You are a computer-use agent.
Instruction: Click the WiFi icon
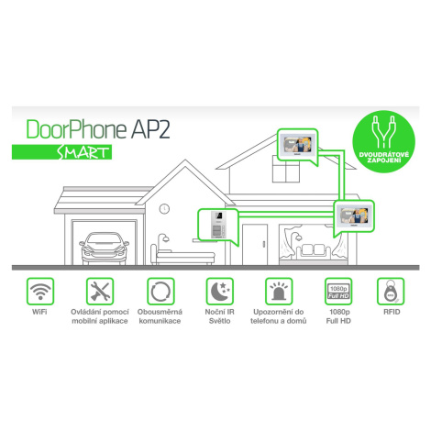click(40, 292)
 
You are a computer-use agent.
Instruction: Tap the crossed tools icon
click(100, 292)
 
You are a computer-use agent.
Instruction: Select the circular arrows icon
click(160, 292)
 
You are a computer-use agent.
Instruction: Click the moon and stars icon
click(219, 292)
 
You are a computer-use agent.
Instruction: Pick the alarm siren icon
click(279, 292)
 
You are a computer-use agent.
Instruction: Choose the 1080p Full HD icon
click(338, 292)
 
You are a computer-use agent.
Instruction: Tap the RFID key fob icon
click(391, 292)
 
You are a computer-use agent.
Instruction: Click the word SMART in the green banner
click(83, 152)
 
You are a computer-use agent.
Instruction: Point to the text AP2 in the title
click(150, 129)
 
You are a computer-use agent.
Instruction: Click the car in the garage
click(104, 249)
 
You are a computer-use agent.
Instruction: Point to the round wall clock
click(164, 209)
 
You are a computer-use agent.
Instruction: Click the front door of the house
click(255, 245)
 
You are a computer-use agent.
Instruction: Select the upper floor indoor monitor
click(297, 144)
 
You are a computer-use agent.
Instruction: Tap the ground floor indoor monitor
click(354, 215)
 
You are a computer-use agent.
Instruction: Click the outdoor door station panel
click(219, 225)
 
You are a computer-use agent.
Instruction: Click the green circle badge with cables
click(384, 142)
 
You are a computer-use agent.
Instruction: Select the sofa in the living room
click(314, 252)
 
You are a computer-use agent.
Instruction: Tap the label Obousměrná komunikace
click(160, 316)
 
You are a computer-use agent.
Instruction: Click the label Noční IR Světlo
click(219, 316)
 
